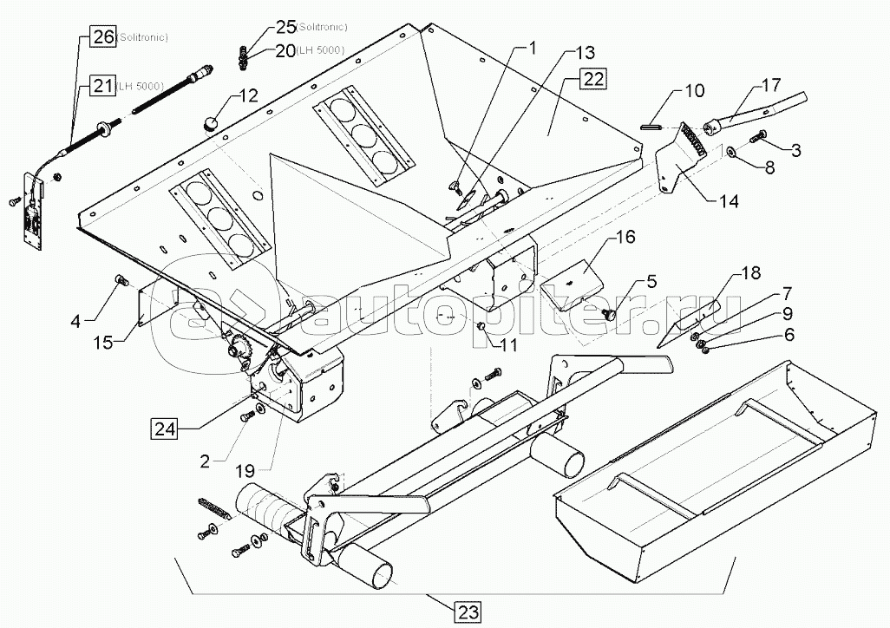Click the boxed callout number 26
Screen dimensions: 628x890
[103, 37]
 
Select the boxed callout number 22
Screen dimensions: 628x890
[593, 79]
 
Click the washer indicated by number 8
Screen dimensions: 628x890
[731, 152]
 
